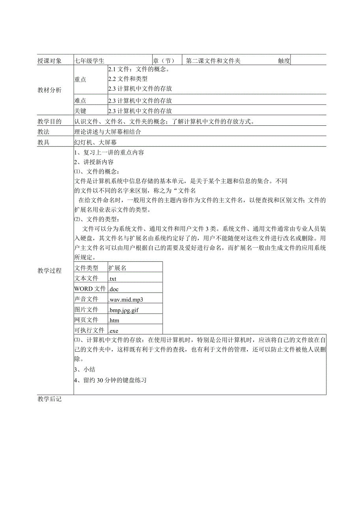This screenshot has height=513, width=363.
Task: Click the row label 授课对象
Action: pyautogui.click(x=49, y=61)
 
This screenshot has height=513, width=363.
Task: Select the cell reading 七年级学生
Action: pyautogui.click(x=90, y=61)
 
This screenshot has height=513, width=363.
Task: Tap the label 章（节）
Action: pyautogui.click(x=163, y=61)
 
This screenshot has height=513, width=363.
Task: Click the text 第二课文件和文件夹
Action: pyautogui.click(x=213, y=61)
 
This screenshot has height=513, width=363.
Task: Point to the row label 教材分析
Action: pyautogui.click(x=49, y=90)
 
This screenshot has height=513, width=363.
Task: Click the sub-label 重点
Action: pyautogui.click(x=80, y=80)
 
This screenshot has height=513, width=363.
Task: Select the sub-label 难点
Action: pyautogui.click(x=80, y=101)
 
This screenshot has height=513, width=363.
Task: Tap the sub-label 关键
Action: pyautogui.click(x=80, y=111)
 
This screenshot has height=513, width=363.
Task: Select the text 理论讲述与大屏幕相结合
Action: pyautogui.click(x=107, y=132)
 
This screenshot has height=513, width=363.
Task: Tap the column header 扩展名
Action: pyautogui.click(x=118, y=268)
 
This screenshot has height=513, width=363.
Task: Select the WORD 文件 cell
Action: pyautogui.click(x=90, y=289)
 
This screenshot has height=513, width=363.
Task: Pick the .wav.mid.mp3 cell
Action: pyautogui.click(x=126, y=299)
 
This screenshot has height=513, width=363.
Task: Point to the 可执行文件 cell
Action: pyautogui.click(x=89, y=330)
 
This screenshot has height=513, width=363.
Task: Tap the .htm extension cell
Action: pyautogui.click(x=114, y=320)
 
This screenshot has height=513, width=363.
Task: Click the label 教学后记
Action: pyautogui.click(x=49, y=399)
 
